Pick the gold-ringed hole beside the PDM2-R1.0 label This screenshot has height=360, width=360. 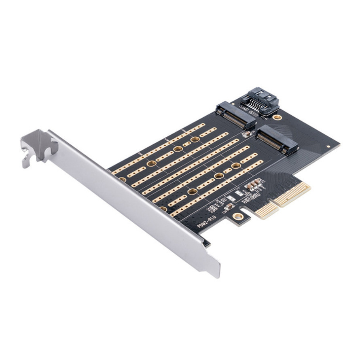click(x=239, y=216)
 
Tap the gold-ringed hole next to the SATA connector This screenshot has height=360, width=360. click(x=277, y=117)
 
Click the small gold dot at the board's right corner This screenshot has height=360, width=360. click(x=328, y=146)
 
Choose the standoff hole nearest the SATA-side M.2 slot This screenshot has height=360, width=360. click(x=195, y=140)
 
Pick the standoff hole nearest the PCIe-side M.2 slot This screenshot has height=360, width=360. click(x=236, y=165)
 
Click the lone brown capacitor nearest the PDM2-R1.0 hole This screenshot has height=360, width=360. click(x=229, y=206)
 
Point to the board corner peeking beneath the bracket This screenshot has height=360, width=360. click(x=207, y=243)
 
